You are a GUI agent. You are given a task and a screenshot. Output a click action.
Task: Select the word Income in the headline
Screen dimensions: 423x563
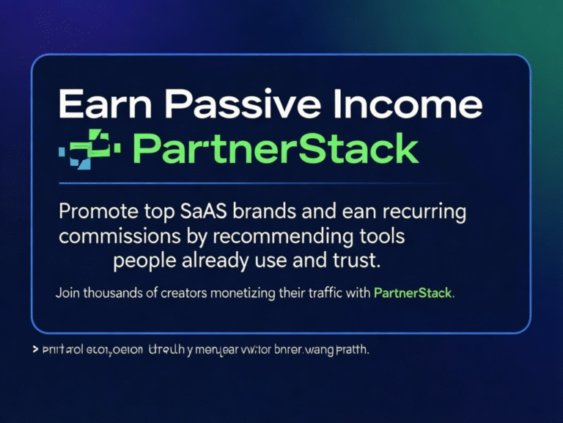click(405, 104)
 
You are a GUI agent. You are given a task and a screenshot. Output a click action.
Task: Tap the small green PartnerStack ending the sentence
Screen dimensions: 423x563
click(413, 293)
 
